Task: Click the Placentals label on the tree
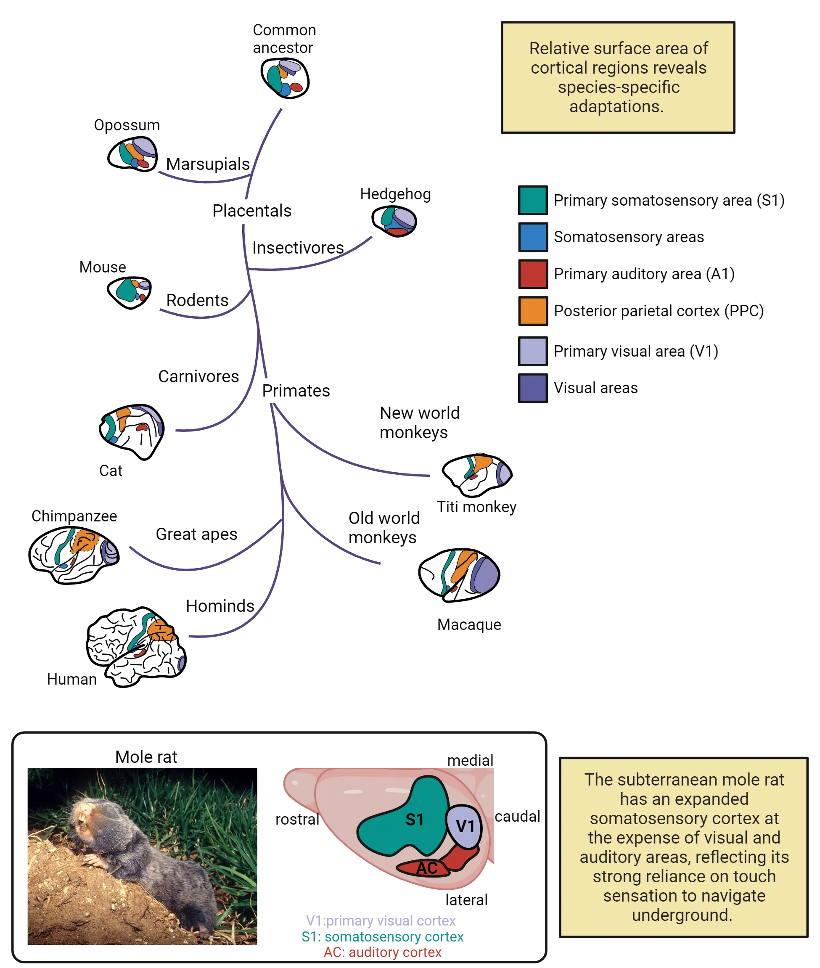click(x=253, y=211)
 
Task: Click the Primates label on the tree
click(x=296, y=391)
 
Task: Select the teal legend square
click(x=532, y=200)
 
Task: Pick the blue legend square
click(x=533, y=237)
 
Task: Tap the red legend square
click(x=533, y=274)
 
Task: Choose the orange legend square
click(x=533, y=311)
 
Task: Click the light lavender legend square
click(x=533, y=351)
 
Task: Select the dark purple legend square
click(x=533, y=388)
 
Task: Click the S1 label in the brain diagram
click(x=414, y=819)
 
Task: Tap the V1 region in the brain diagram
click(x=464, y=826)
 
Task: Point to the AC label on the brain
click(x=426, y=867)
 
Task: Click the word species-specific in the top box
click(x=618, y=87)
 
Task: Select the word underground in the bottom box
click(x=682, y=915)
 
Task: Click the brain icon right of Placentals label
click(x=397, y=221)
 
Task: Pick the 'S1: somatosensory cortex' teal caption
click(x=382, y=936)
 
